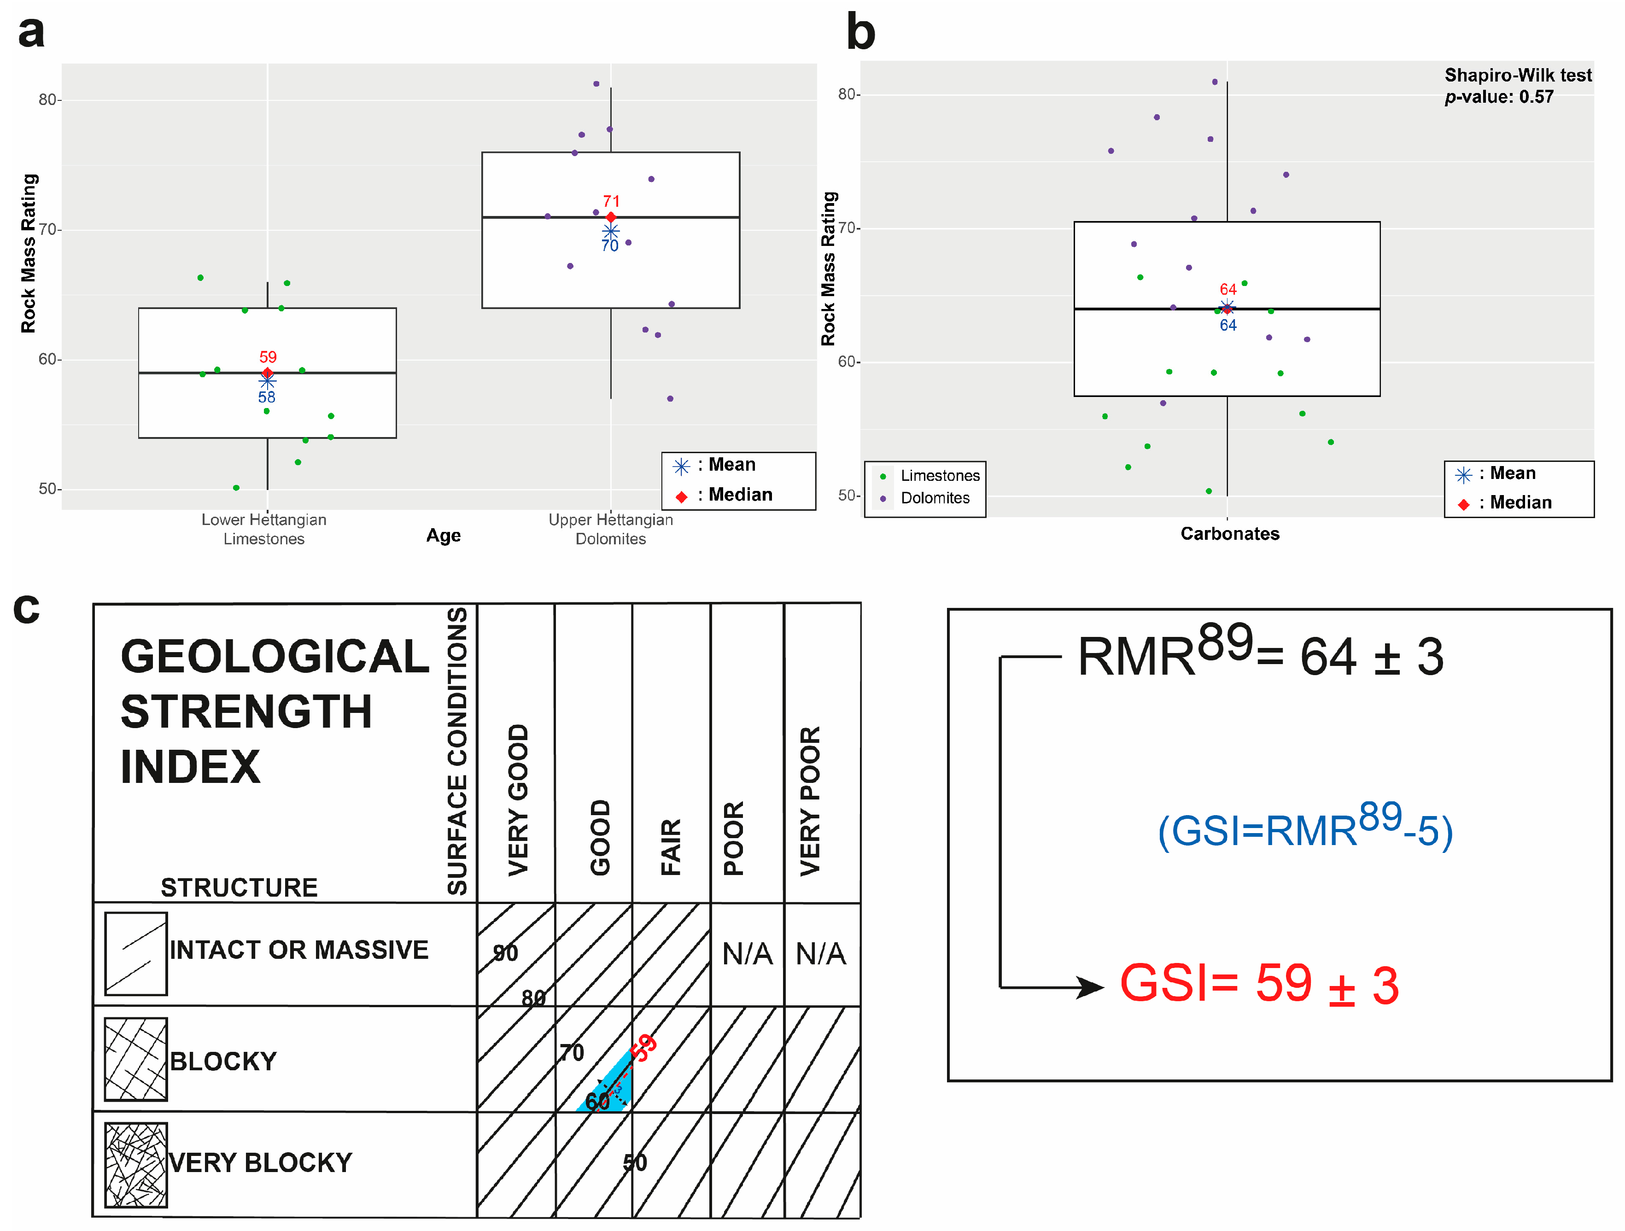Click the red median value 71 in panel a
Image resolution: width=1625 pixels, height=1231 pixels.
(611, 201)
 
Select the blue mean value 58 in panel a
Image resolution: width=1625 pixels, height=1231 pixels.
(267, 397)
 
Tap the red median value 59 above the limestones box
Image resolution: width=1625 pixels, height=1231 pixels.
(268, 357)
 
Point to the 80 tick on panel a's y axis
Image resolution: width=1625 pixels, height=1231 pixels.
(48, 100)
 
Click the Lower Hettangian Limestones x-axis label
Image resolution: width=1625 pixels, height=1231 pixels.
(264, 529)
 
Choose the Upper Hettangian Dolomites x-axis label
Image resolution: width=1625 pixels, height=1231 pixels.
(610, 529)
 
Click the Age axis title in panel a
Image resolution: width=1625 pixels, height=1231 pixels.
(444, 536)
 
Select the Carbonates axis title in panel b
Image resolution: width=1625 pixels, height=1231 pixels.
(1230, 534)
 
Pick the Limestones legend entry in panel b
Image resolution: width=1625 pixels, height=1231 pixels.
(940, 476)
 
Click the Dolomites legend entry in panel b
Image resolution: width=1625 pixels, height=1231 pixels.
(935, 498)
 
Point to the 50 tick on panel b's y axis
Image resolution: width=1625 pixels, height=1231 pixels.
(848, 496)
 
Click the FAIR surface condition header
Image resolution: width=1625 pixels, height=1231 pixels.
(671, 846)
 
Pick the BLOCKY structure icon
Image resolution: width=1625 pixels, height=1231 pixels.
(136, 1059)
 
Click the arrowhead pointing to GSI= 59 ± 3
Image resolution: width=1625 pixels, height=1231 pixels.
(1090, 986)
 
